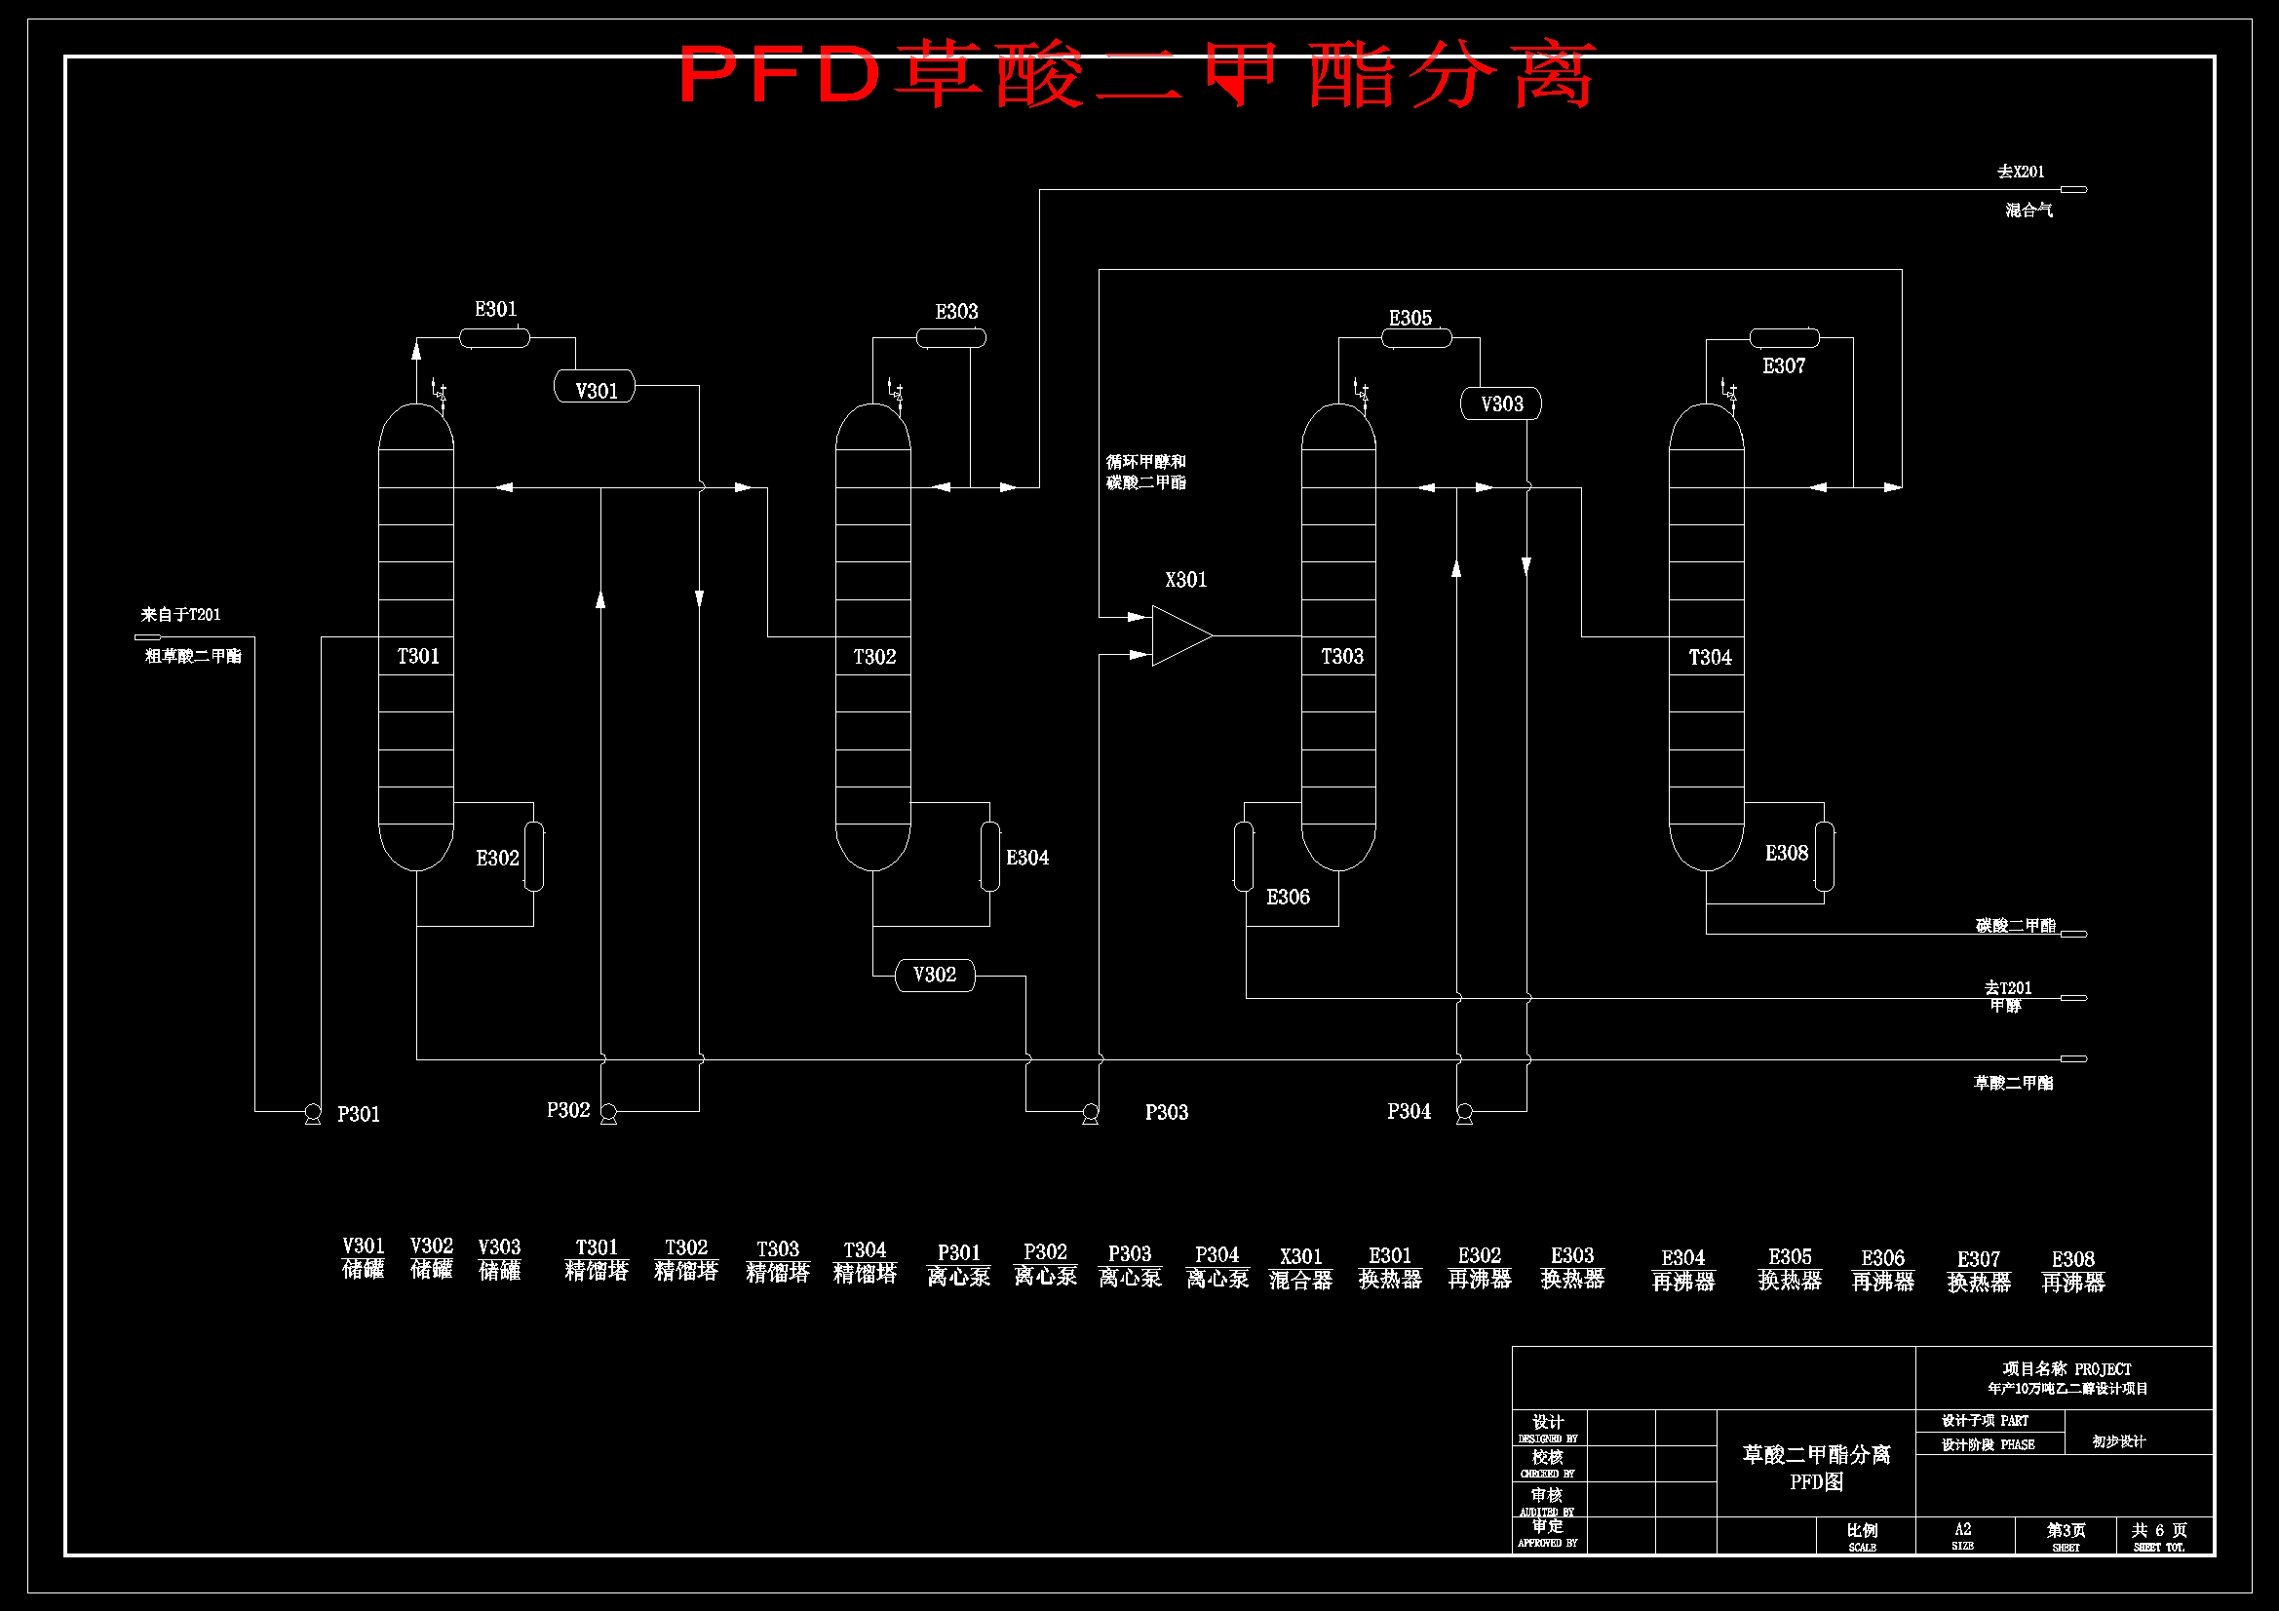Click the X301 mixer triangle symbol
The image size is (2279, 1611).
(1179, 635)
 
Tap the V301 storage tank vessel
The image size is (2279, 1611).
(595, 386)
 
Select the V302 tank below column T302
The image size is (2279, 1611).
(934, 975)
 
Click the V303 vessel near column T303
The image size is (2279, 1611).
(1501, 404)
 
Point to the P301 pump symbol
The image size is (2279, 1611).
(313, 1112)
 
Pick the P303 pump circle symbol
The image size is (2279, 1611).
(1090, 1112)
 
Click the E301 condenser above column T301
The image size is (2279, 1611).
(494, 338)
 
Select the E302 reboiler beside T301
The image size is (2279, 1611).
(534, 857)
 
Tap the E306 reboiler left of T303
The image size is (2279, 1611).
(1244, 857)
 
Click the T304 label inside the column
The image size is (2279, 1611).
(1710, 657)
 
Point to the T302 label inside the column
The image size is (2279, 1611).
(874, 657)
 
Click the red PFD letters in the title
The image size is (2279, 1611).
(780, 75)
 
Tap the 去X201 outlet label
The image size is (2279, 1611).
(2020, 172)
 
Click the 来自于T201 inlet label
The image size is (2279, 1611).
(180, 614)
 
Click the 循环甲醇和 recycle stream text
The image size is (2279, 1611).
(1145, 462)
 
